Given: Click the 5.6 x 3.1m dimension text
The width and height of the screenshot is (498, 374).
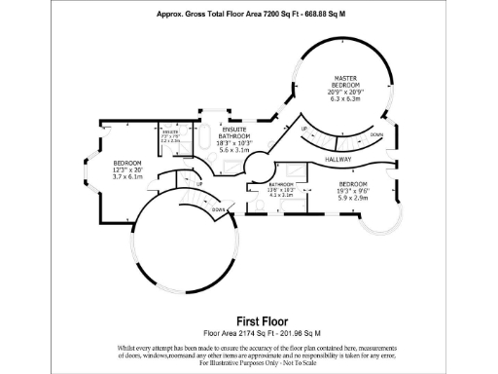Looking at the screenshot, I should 233,150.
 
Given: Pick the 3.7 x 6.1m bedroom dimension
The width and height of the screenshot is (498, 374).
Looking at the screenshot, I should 128,177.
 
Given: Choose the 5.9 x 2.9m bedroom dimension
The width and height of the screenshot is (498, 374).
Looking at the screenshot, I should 352,198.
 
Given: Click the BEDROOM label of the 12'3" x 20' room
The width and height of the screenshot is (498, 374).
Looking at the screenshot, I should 128,163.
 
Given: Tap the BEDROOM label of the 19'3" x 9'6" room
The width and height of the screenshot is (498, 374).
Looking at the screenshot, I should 352,183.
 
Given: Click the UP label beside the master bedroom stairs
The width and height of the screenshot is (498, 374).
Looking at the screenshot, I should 304,129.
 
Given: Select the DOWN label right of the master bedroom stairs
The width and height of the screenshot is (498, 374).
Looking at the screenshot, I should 376,135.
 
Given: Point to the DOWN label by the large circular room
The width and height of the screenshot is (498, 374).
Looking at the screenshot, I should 219,209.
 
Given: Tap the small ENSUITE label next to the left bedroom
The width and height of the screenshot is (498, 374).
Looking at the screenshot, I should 169,131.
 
